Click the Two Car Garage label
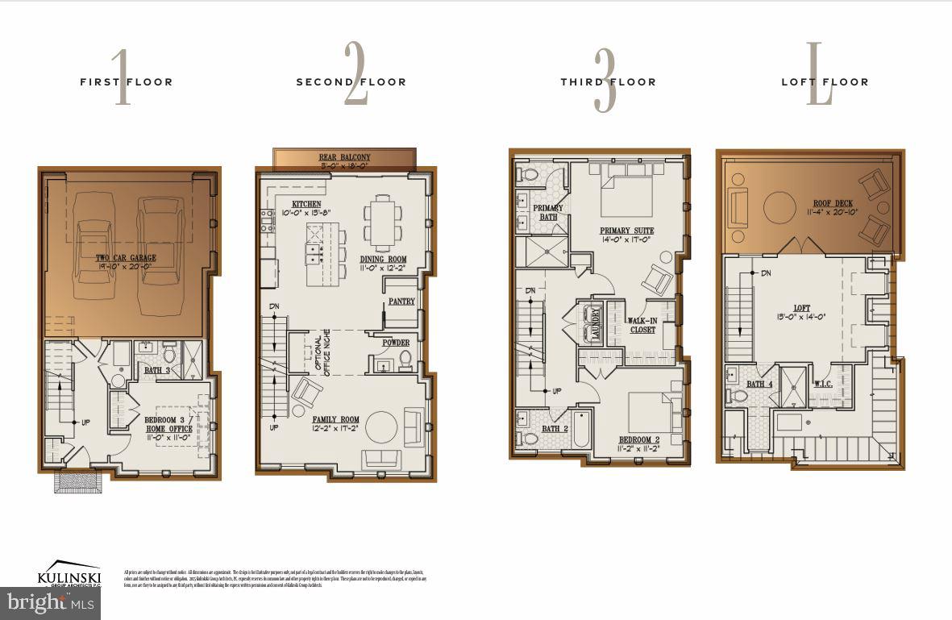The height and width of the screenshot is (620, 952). (x=127, y=258)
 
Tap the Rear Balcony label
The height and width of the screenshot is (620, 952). (x=344, y=158)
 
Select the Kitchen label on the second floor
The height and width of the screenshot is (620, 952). (x=306, y=205)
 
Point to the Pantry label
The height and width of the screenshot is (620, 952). (x=401, y=302)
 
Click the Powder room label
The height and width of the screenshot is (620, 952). (x=396, y=343)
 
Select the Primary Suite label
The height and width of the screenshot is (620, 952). (x=626, y=231)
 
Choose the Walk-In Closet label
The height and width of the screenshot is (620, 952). (x=642, y=325)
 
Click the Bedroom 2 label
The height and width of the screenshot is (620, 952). (x=640, y=440)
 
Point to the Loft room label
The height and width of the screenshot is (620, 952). (x=801, y=308)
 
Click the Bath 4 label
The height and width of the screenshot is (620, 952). (x=759, y=384)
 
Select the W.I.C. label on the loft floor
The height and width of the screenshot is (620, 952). (x=823, y=384)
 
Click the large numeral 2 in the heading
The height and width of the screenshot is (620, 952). (x=355, y=73)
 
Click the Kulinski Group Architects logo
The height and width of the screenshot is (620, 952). (x=69, y=576)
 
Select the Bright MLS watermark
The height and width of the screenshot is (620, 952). (x=50, y=602)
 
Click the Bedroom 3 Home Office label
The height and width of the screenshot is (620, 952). (x=168, y=424)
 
